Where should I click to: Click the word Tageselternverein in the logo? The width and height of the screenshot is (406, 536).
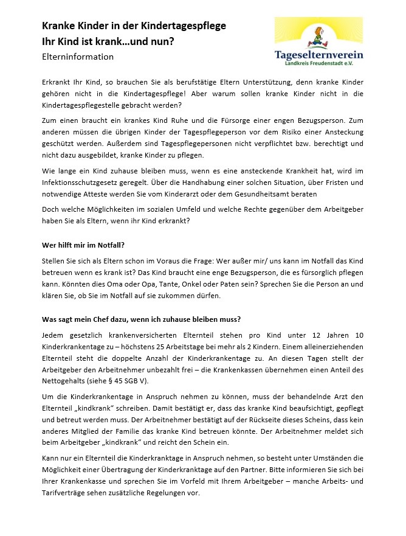318,55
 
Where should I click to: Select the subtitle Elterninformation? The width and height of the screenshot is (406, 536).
77,57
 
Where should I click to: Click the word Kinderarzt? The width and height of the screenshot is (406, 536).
218,193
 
